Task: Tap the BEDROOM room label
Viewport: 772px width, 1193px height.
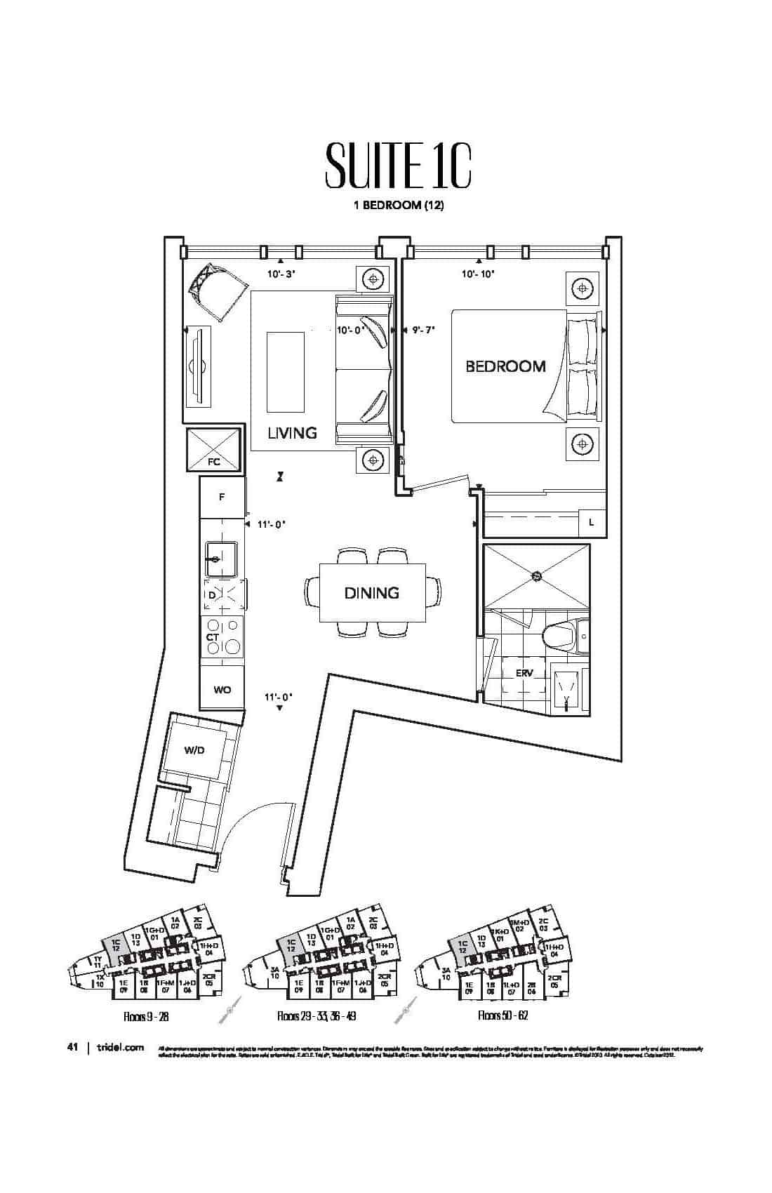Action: click(505, 366)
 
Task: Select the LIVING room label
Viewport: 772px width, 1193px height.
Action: click(292, 432)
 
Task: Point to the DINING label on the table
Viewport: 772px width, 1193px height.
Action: click(371, 593)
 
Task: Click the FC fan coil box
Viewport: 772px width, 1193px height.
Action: click(213, 450)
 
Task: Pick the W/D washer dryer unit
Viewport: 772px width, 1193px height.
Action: click(194, 750)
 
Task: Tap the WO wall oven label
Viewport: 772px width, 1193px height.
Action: click(222, 689)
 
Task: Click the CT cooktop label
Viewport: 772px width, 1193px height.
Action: click(213, 637)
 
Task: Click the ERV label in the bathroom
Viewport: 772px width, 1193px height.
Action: click(524, 672)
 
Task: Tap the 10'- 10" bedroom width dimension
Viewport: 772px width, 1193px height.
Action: click(478, 274)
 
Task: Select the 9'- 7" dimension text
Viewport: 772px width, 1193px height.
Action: click(424, 329)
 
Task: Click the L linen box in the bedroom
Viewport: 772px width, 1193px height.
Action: click(592, 523)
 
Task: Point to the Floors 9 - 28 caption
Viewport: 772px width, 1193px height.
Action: click(145, 1016)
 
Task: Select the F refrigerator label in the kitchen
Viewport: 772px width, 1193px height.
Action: click(222, 497)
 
